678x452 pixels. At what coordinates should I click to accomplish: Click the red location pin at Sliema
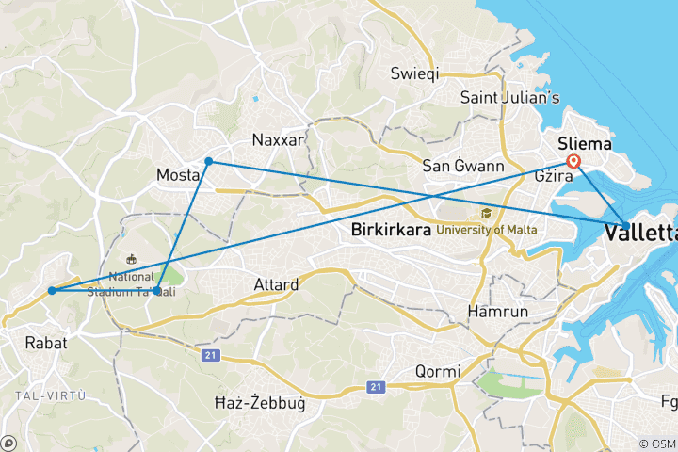click(x=573, y=161)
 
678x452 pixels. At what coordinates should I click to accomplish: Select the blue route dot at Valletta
click(x=627, y=226)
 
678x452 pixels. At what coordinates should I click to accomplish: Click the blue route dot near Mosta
click(x=209, y=162)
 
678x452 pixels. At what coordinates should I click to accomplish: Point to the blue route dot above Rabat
click(x=52, y=291)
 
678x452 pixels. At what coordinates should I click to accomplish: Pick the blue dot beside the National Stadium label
click(x=156, y=291)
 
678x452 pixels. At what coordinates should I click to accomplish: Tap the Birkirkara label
click(x=391, y=229)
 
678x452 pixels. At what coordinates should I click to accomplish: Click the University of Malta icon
click(x=486, y=213)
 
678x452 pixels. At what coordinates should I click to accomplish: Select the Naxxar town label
click(x=278, y=140)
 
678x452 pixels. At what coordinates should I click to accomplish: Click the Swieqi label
click(x=414, y=73)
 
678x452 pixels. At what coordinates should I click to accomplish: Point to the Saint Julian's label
click(x=509, y=97)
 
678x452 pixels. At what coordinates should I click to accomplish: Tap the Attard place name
click(x=276, y=284)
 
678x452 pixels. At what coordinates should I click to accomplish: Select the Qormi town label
click(x=439, y=371)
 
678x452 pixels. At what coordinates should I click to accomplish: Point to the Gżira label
click(x=554, y=177)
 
